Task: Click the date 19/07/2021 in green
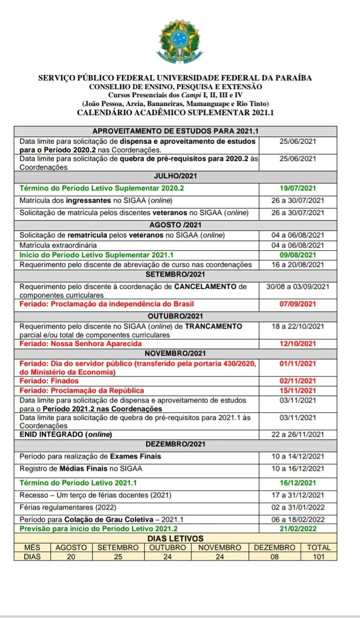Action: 298,189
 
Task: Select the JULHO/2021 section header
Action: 175,176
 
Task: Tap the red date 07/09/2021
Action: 298,304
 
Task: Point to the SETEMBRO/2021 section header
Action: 175,275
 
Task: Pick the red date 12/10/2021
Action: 298,344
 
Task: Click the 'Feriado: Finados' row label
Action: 49,381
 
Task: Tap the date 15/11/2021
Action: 298,390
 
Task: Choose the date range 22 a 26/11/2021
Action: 298,434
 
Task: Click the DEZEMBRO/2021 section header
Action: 175,444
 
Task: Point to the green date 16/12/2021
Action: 298,482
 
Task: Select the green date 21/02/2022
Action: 298,529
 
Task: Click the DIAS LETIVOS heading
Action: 175,539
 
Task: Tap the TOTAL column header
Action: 319,548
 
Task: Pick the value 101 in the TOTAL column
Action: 319,556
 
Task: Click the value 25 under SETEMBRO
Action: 118,556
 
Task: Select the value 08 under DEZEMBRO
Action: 274,556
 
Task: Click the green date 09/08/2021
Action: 298,255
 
